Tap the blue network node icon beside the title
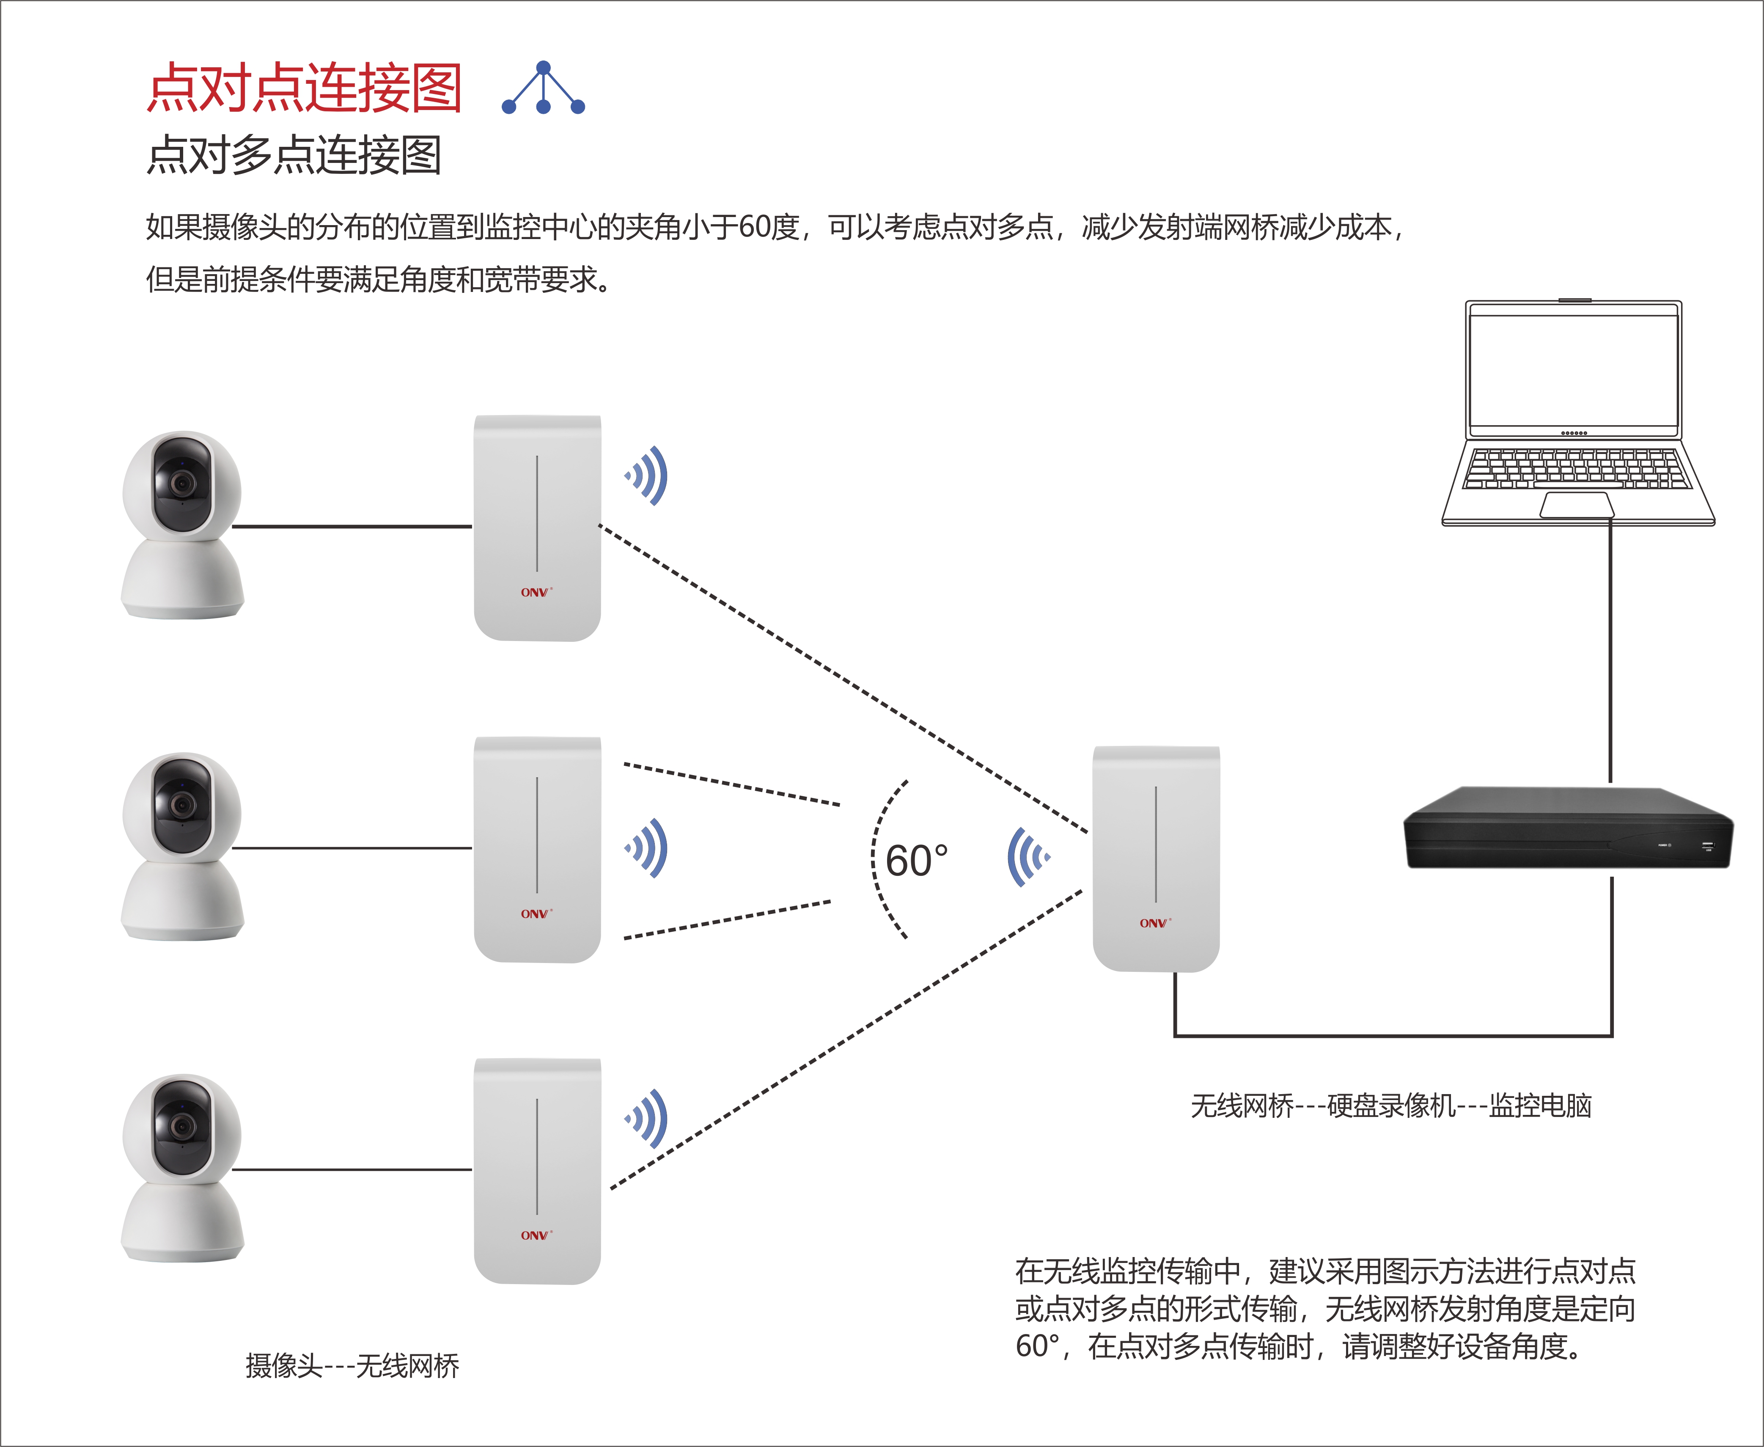(x=543, y=88)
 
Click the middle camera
(x=182, y=846)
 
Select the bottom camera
(x=182, y=1167)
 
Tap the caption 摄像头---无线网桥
(x=352, y=1365)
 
